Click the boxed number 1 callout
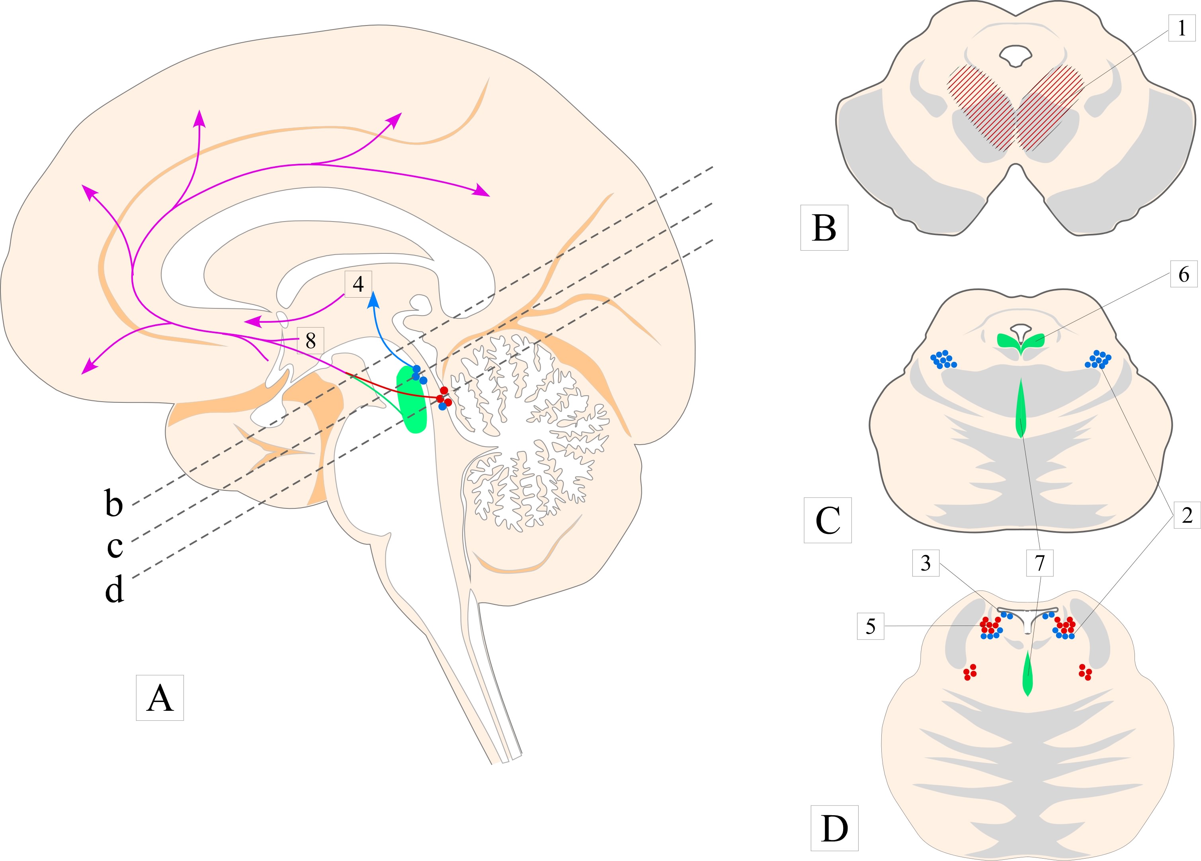[1181, 27]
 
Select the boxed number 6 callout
[1183, 274]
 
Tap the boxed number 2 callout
[1187, 514]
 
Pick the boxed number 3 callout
[926, 563]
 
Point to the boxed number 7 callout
[1039, 563]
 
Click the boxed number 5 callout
[871, 626]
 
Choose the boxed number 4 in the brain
[358, 284]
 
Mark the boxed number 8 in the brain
[311, 340]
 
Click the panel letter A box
[160, 698]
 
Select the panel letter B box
[824, 228]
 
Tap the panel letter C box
[828, 520]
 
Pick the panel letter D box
[834, 828]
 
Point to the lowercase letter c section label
[115, 546]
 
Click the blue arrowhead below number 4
[373, 299]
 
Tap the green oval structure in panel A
[412, 400]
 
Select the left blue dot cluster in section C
[943, 360]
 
